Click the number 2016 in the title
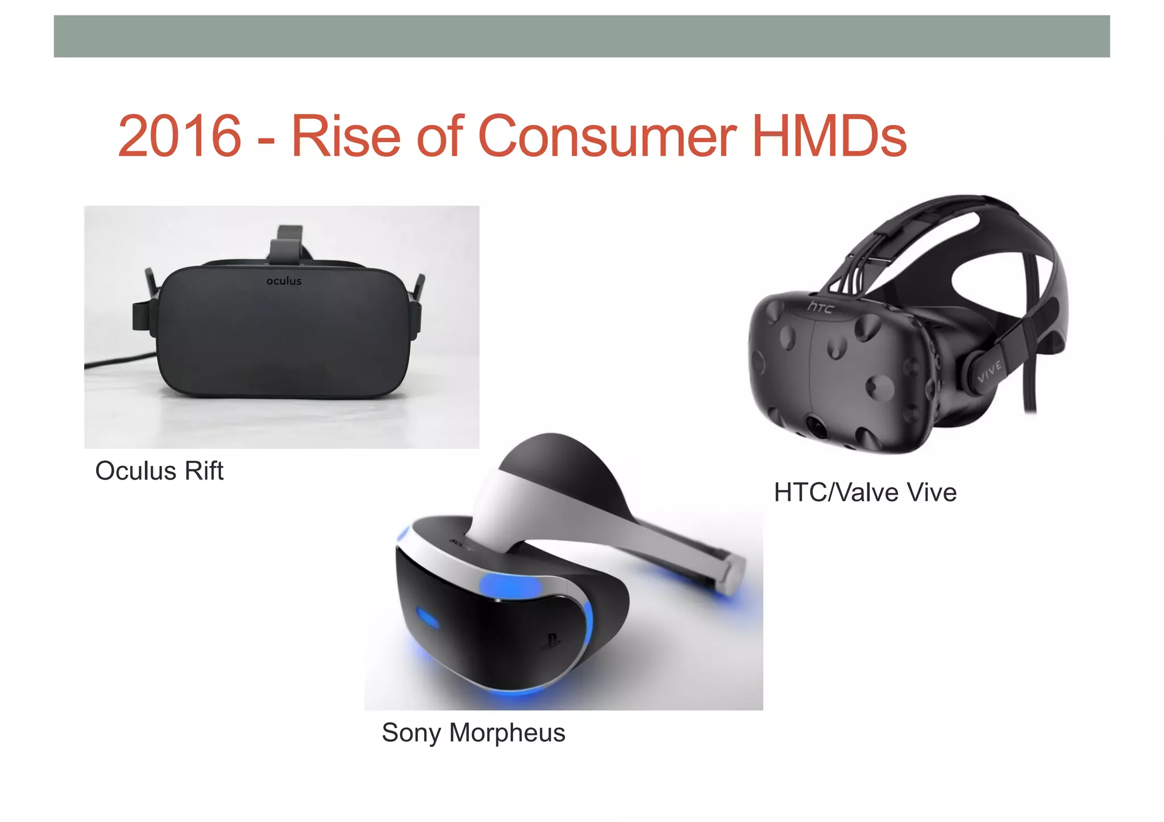pyautogui.click(x=180, y=136)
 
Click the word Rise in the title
pyautogui.click(x=346, y=136)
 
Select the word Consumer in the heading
pyautogui.click(x=607, y=136)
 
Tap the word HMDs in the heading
pyautogui.click(x=829, y=136)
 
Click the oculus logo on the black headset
pyautogui.click(x=284, y=281)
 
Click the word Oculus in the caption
pyautogui.click(x=136, y=471)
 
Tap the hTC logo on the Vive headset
pyautogui.click(x=821, y=307)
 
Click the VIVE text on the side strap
pyautogui.click(x=990, y=372)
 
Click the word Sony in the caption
pyautogui.click(x=411, y=733)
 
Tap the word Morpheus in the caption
pyautogui.click(x=507, y=733)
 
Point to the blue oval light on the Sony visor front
pyautogui.click(x=427, y=617)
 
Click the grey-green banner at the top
pyautogui.click(x=581, y=36)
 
